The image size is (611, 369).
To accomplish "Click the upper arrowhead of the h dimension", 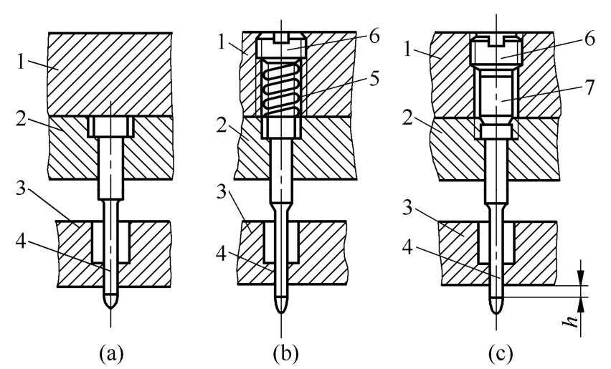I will pyautogui.click(x=582, y=277).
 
